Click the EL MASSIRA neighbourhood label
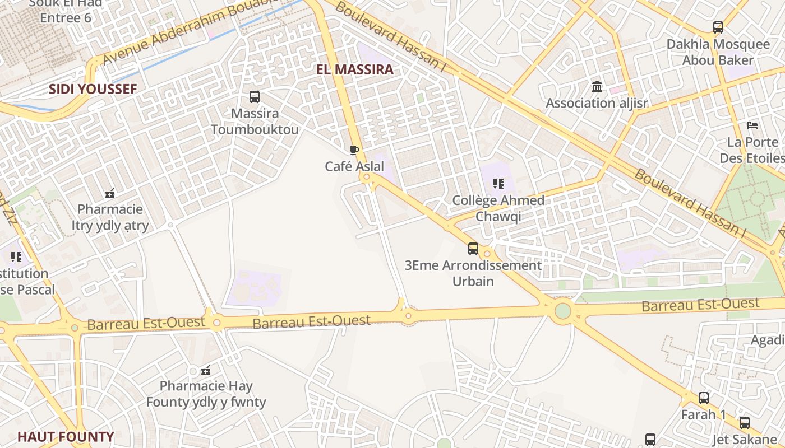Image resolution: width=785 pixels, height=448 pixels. coord(355,70)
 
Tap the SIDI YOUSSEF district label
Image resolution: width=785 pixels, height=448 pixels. coord(93,89)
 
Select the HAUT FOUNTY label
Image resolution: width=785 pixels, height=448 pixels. coord(66,437)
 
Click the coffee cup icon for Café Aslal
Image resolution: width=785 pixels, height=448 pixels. coord(354,150)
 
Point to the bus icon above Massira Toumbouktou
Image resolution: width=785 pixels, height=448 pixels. coord(255,97)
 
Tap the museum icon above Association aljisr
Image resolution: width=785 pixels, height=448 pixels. coord(597,87)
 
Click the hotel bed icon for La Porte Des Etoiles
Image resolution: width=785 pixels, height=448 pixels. coord(752,125)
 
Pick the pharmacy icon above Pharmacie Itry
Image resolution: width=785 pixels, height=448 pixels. coord(110,193)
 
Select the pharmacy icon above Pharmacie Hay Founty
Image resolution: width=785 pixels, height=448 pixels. coord(206,370)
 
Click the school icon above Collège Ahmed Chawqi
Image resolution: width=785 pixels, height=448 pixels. coord(498,183)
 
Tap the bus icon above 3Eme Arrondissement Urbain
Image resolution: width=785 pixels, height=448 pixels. coord(473,249)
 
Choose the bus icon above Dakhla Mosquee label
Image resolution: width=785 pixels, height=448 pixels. coord(718,27)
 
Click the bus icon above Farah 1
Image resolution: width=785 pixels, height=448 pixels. coord(703,398)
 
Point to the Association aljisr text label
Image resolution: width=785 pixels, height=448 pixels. coord(597,103)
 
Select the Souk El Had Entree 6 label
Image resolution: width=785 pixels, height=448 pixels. coord(66,10)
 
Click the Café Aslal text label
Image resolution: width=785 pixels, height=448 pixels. coord(354,166)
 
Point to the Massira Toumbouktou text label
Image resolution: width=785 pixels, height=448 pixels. coord(255,122)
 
